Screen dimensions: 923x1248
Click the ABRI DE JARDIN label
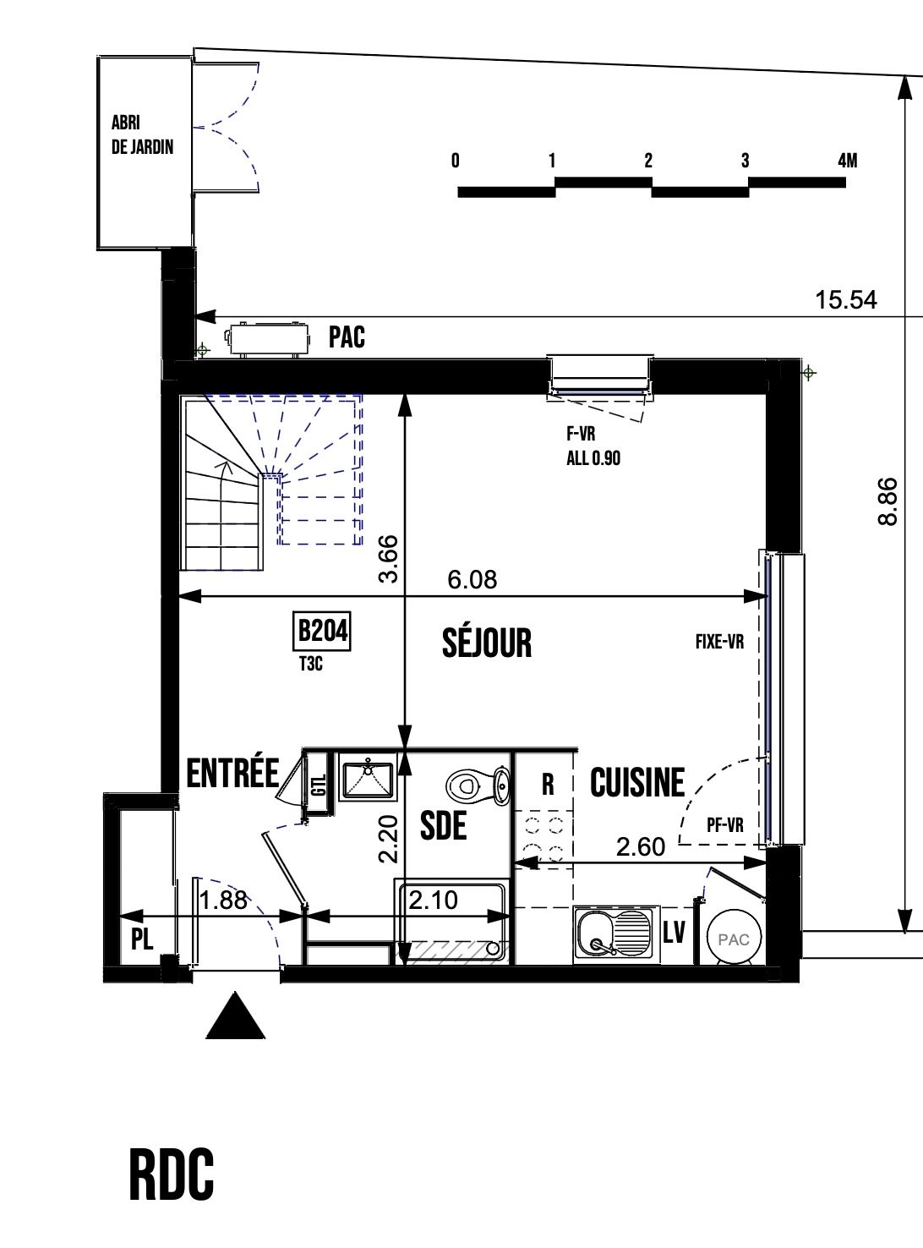click(142, 135)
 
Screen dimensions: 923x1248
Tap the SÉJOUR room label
click(487, 643)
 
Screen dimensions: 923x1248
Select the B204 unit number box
click(322, 632)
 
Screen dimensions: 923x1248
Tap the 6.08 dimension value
click(472, 579)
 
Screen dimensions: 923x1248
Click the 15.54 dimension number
click(846, 300)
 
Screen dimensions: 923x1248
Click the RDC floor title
click(172, 1174)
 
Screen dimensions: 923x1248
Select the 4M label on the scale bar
click(848, 161)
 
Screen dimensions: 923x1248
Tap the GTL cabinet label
click(319, 785)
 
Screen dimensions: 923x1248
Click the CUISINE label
click(637, 781)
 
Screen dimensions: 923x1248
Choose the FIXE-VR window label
click(719, 642)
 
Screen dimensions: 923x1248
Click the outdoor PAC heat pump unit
click(268, 339)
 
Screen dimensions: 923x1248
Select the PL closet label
click(142, 939)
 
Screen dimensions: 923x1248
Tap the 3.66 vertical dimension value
click(388, 558)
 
